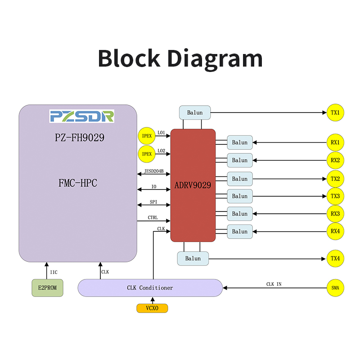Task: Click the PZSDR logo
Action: pyautogui.click(x=82, y=116)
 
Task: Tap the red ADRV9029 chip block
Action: pyautogui.click(x=193, y=185)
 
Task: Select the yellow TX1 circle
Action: pyautogui.click(x=335, y=112)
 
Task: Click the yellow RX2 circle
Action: pyautogui.click(x=335, y=160)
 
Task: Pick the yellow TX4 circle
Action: pyautogui.click(x=335, y=258)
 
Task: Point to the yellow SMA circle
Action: pyautogui.click(x=335, y=288)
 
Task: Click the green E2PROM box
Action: pyautogui.click(x=47, y=288)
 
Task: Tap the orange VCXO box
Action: pyautogui.click(x=152, y=308)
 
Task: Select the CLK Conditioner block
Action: pyautogui.click(x=150, y=288)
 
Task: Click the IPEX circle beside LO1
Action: pyautogui.click(x=147, y=135)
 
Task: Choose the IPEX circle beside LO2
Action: pyautogui.click(x=147, y=154)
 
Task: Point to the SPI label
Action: pyautogui.click(x=153, y=202)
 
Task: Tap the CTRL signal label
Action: pyautogui.click(x=153, y=218)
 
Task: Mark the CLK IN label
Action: pyautogui.click(x=274, y=284)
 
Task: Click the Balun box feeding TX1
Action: pyautogui.click(x=195, y=112)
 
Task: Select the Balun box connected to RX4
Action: pyautogui.click(x=240, y=231)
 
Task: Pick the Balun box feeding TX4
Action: pyautogui.click(x=193, y=258)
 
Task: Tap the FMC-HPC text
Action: pyautogui.click(x=78, y=183)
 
